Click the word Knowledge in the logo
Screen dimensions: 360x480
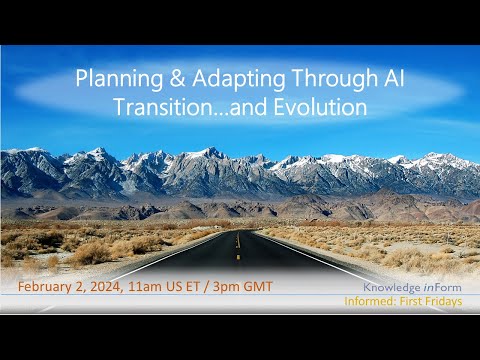click(x=394, y=285)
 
